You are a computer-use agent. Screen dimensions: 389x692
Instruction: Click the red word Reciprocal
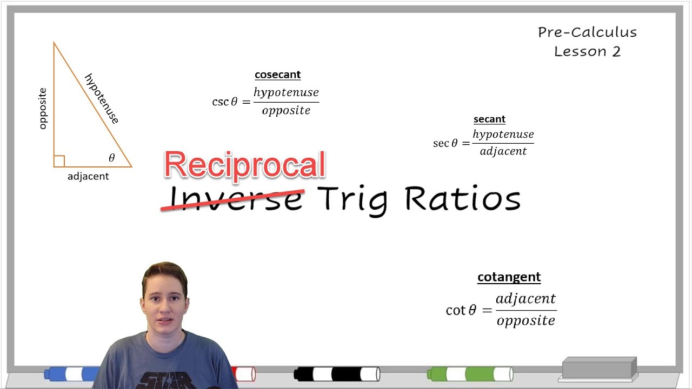point(244,164)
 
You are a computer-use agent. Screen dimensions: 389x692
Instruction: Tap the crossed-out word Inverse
point(236,198)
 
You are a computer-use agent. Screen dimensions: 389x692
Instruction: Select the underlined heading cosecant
point(277,75)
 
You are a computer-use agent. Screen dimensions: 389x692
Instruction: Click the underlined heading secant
point(489,119)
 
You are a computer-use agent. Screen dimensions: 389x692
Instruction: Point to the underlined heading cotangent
point(509,277)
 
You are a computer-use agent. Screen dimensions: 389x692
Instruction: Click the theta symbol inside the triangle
point(112,158)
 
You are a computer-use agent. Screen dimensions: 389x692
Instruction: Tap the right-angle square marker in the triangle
point(59,161)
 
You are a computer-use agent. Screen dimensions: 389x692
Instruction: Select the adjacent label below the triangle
point(88,176)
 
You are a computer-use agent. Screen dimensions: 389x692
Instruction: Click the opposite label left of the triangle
point(43,109)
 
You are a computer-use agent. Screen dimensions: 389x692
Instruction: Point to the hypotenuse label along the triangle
point(102,98)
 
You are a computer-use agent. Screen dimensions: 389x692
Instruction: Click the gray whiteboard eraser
point(599,368)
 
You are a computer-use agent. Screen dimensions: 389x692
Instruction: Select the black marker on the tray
point(336,374)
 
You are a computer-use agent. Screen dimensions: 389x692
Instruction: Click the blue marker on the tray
point(73,374)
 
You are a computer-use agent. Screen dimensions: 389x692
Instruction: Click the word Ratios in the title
point(462,198)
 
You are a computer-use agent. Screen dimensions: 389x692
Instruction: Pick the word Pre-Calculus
point(587,32)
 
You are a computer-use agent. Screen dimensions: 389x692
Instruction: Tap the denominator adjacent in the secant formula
point(503,151)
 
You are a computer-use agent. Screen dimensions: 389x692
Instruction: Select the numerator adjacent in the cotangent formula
point(525,299)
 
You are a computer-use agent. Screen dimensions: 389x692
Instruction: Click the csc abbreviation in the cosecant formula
point(220,102)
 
